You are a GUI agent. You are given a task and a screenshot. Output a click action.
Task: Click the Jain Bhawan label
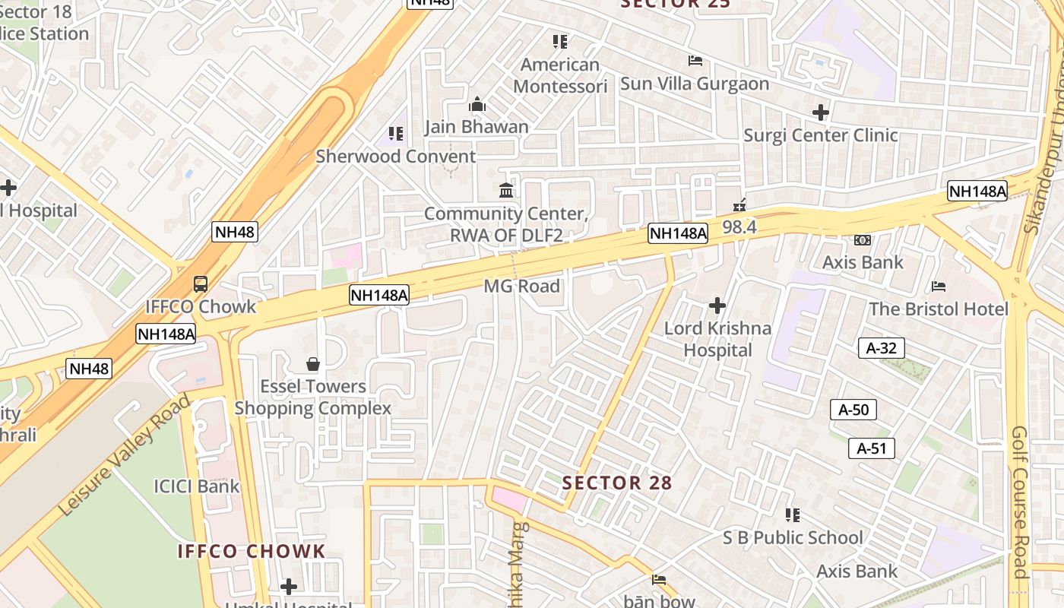[477, 127]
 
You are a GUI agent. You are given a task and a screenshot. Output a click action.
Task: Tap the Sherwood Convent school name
[396, 157]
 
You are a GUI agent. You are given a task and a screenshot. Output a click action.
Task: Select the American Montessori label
[560, 75]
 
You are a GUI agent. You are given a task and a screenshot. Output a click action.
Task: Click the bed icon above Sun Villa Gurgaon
[695, 61]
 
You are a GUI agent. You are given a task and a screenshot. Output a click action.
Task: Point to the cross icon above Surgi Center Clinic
[821, 113]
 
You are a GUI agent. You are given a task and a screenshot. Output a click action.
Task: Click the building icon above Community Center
[506, 190]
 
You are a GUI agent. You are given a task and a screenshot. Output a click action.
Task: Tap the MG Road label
[522, 287]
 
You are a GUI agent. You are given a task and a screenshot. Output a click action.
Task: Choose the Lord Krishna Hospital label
[717, 339]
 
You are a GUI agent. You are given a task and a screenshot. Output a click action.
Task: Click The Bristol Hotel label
[939, 309]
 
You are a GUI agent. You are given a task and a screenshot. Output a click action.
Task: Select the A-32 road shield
[881, 349]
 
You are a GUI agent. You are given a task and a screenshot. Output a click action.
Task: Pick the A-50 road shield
[853, 410]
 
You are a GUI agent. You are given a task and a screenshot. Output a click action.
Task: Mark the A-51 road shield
[872, 448]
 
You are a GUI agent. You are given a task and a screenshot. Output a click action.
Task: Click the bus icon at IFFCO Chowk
[201, 284]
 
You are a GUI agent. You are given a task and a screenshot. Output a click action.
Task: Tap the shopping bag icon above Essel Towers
[312, 365]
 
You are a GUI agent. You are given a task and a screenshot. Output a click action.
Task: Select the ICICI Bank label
[197, 486]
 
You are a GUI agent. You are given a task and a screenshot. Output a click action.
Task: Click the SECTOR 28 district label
[617, 483]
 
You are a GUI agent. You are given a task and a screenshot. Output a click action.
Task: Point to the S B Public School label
[793, 538]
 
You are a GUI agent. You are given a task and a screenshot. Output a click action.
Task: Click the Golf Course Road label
[1020, 502]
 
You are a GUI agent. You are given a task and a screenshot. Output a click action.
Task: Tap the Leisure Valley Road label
[125, 456]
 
